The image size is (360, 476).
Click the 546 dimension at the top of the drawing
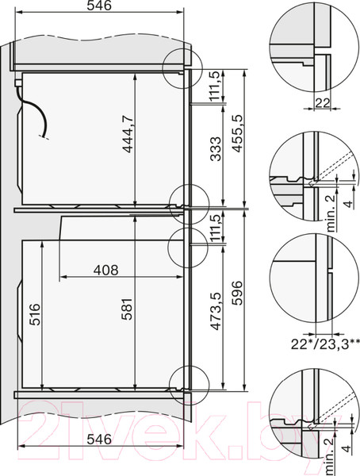point(100,7)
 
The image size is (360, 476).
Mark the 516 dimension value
point(33,315)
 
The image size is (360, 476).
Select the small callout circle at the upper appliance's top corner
point(180,64)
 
